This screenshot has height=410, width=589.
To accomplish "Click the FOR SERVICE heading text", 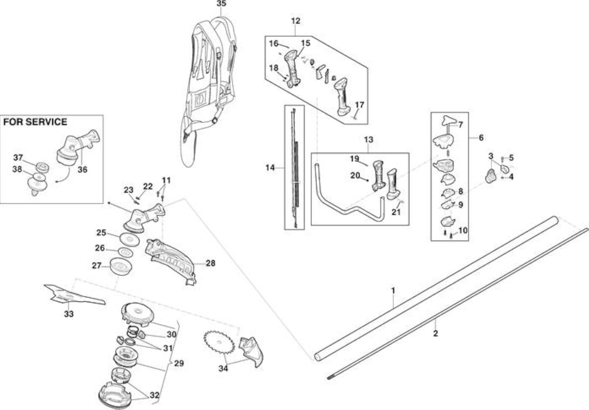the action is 35,122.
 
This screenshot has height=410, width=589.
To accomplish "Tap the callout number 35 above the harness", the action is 222,4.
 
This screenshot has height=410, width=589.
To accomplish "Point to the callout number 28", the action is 210,263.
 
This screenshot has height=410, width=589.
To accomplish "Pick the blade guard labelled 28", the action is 171,261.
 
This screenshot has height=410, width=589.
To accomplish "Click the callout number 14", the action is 270,168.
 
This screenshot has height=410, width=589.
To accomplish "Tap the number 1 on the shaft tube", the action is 394,291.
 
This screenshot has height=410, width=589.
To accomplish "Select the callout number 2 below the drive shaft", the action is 436,333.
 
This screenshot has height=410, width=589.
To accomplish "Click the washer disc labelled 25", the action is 129,239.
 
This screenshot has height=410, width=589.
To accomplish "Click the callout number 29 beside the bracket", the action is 179,363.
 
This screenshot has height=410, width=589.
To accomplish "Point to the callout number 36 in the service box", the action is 82,170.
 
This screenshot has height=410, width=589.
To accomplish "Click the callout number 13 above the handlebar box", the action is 369,139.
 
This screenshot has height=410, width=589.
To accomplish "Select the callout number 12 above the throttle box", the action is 296,21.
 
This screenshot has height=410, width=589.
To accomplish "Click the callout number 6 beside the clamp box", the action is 481,138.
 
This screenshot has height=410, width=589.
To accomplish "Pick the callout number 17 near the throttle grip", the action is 360,105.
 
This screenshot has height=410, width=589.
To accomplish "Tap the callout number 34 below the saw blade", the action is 224,368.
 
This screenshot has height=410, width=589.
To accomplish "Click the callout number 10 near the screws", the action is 463,230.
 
